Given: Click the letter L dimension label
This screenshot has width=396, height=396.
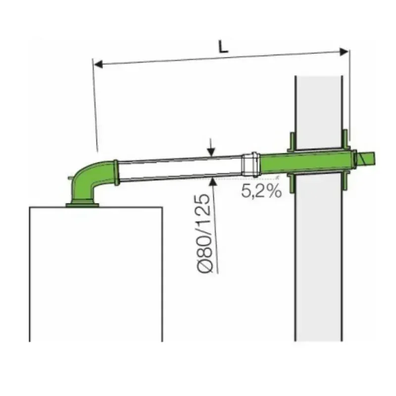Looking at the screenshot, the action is click(223, 47).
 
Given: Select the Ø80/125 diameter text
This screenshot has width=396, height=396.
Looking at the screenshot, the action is click(203, 233).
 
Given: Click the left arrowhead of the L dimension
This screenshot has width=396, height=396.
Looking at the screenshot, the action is click(99, 64).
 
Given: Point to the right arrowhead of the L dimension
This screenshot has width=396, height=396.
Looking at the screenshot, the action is click(344, 52).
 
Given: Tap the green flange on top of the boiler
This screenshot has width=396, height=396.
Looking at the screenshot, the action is click(82, 204).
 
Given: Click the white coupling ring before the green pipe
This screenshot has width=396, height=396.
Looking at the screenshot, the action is click(251, 164).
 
